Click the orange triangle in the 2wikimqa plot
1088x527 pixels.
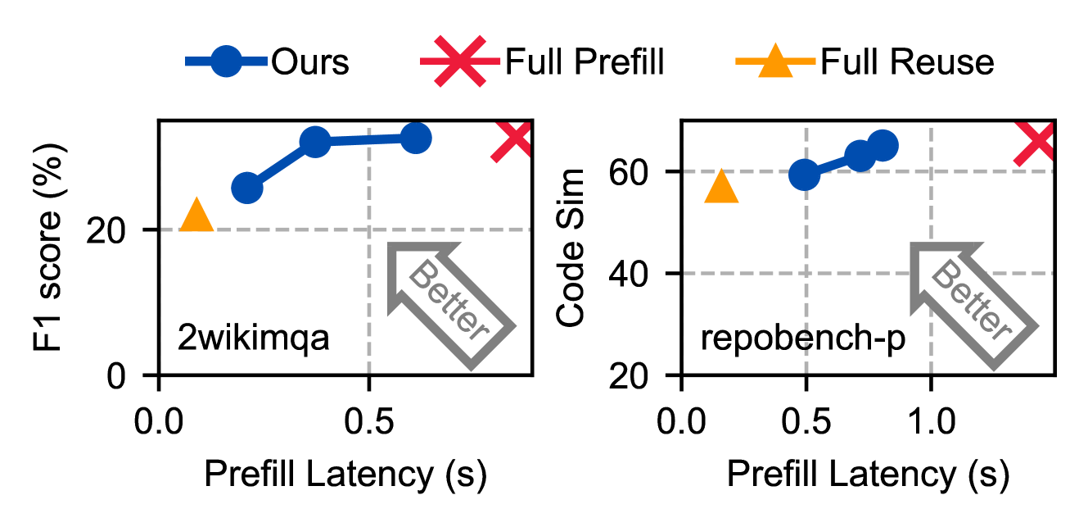click(196, 216)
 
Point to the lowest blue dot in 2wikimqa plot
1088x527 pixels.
click(246, 189)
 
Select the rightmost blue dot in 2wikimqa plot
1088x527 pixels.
click(416, 139)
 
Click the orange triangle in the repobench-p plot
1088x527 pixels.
click(721, 187)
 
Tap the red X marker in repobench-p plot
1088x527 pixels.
click(1036, 141)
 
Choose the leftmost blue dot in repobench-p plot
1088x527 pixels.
click(805, 174)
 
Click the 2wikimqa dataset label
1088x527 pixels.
click(253, 338)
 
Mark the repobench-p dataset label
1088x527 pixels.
click(792, 338)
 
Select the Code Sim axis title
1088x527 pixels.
click(572, 247)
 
